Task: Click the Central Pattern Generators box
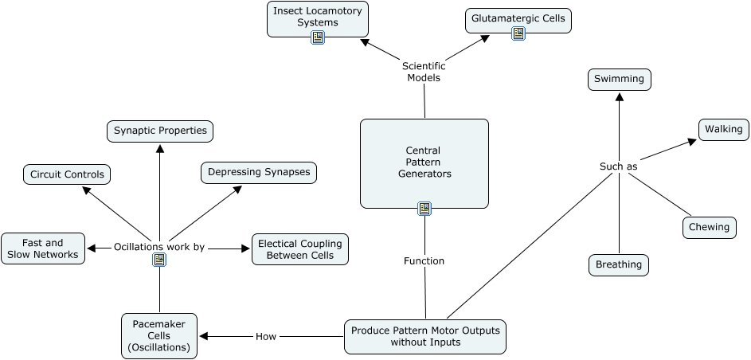[424, 162]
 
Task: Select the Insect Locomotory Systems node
[317, 17]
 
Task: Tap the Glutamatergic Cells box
[518, 18]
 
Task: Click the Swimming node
[620, 80]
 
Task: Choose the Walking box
[723, 129]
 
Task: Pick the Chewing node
[709, 227]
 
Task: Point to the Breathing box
[619, 265]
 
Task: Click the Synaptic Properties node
[160, 131]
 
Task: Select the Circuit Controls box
[67, 174]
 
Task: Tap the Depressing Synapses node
[258, 173]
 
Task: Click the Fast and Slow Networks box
[43, 248]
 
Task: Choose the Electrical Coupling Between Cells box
[300, 249]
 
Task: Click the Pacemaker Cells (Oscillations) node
[159, 336]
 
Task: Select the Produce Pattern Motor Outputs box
[425, 336]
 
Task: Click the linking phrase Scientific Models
[424, 72]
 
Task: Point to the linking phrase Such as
[618, 166]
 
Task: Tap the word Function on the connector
[424, 260]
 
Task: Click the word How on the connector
[266, 336]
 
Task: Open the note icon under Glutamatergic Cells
[518, 33]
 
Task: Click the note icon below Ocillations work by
[159, 260]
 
